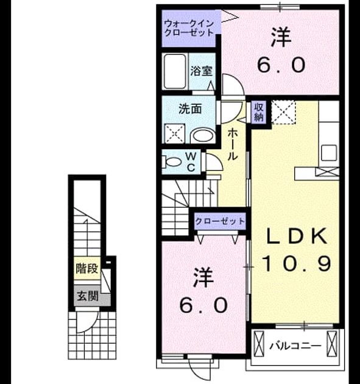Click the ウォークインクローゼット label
(189, 29)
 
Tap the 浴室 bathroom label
(202, 71)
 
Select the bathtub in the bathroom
(175, 71)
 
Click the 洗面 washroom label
(190, 109)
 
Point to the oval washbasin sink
(203, 136)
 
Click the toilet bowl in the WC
(172, 162)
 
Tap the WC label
(191, 162)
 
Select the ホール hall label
(233, 144)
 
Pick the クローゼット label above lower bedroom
(220, 221)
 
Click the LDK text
(297, 236)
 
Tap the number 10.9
(297, 263)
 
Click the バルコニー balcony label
(295, 346)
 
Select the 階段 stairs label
(87, 268)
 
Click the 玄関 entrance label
(88, 296)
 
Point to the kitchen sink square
(329, 153)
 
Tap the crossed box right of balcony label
(332, 343)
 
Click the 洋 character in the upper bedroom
(281, 37)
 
